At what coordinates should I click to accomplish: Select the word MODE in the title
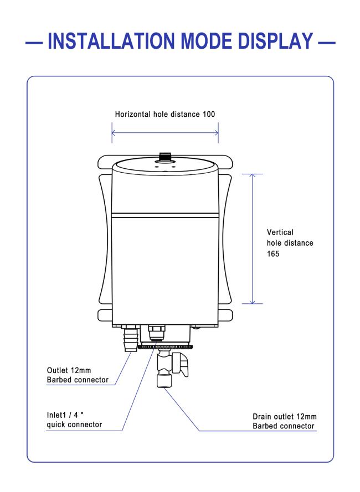click(x=206, y=41)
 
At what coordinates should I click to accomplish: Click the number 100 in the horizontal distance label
click(x=209, y=114)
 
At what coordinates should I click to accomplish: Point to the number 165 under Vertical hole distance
click(x=273, y=253)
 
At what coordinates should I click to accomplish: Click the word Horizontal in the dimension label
click(x=132, y=114)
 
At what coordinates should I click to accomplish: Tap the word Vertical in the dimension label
click(x=280, y=232)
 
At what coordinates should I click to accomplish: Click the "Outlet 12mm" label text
click(x=69, y=370)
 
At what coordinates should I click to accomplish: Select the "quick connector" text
click(x=74, y=424)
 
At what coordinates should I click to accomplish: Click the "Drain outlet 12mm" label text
click(x=285, y=417)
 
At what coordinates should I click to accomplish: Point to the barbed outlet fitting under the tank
click(x=130, y=339)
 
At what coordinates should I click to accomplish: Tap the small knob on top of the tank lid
click(x=164, y=157)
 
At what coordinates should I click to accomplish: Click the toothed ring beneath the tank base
click(x=165, y=346)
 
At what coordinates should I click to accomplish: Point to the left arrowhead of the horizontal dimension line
click(x=113, y=133)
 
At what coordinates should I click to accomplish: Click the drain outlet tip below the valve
click(x=164, y=382)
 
